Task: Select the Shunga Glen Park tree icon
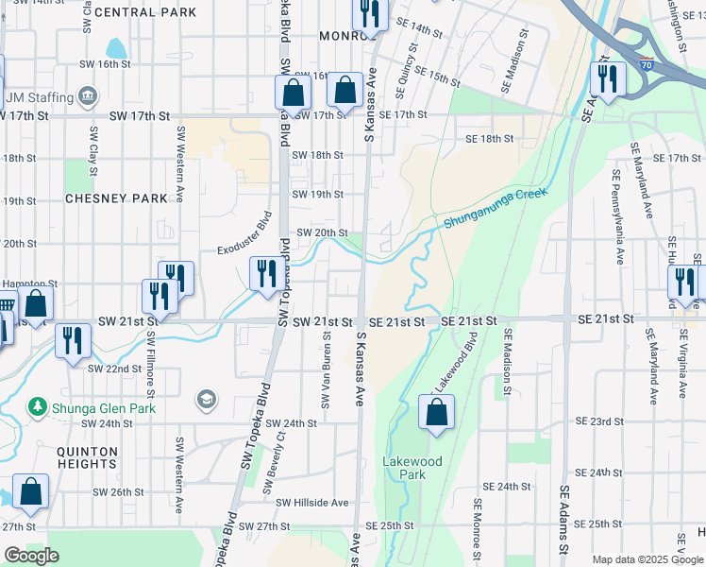[x=39, y=407]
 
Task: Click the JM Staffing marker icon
[x=89, y=95]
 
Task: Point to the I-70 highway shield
[x=645, y=65]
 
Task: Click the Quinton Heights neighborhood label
[x=86, y=458]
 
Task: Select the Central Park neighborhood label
[x=145, y=12]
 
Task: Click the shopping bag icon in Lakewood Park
[x=436, y=413]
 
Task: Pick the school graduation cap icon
[x=206, y=401]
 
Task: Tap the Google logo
[x=32, y=556]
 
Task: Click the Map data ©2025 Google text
[x=648, y=559]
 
